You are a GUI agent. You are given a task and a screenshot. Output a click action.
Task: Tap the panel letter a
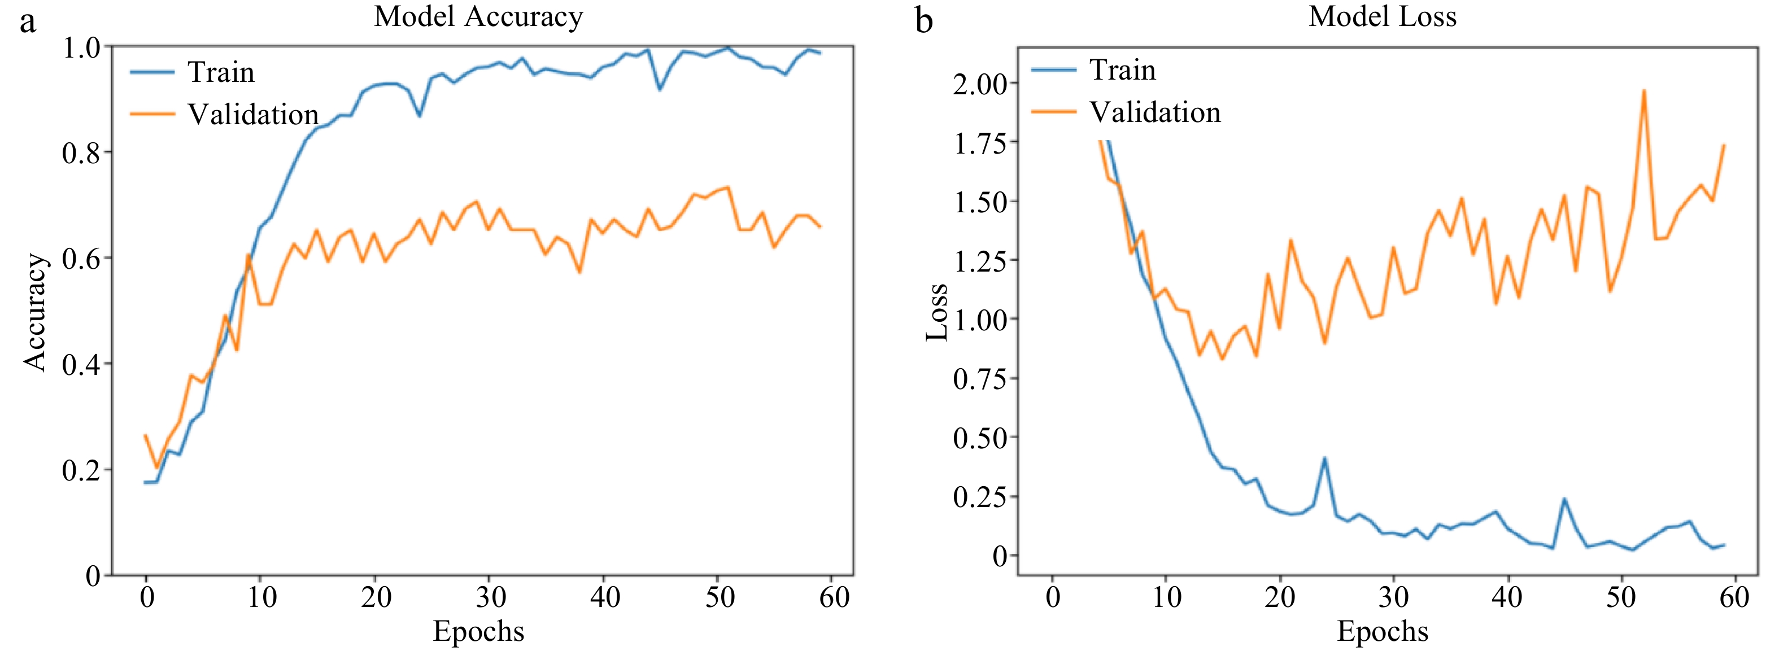27,22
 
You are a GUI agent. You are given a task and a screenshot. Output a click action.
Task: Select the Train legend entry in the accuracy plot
220,72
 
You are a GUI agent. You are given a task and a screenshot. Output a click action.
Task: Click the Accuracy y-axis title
34,312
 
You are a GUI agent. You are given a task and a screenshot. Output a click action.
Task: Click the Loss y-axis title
936,312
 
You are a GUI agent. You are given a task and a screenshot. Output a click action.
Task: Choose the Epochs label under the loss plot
1382,631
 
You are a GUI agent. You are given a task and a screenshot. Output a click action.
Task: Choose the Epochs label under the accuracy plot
478,631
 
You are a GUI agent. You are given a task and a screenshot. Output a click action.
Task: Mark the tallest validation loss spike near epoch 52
1643,90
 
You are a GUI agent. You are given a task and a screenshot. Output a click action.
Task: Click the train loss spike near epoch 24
1324,458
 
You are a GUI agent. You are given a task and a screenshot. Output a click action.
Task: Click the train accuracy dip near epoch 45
660,89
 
